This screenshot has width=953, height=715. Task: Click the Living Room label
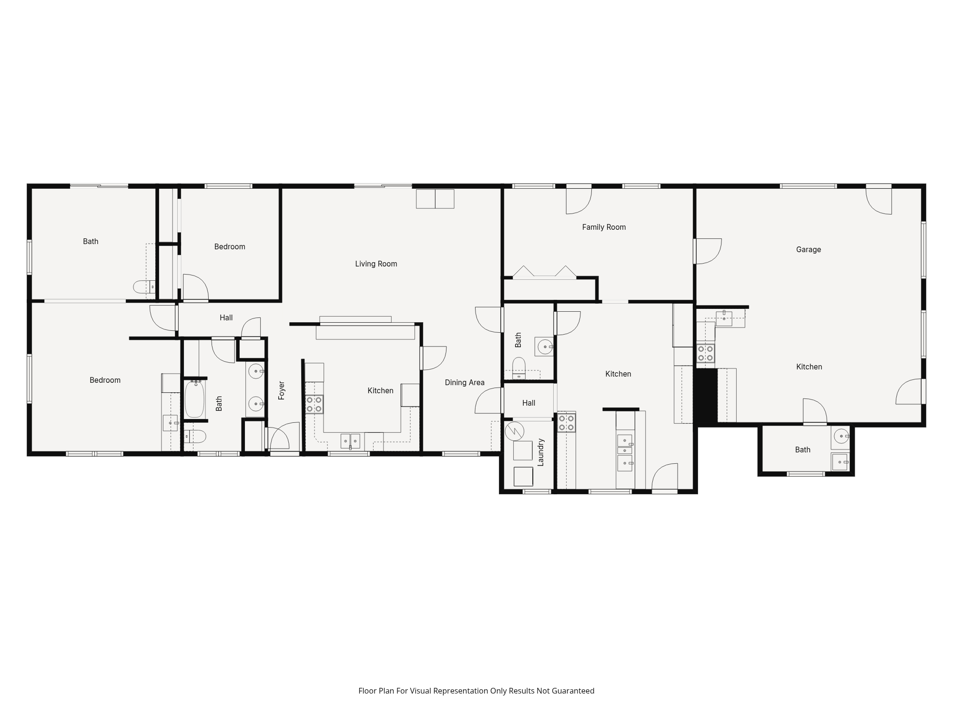coord(376,264)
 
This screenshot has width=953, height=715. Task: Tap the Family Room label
coord(604,227)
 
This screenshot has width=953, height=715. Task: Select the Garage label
coord(808,249)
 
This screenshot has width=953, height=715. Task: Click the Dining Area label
coord(465,382)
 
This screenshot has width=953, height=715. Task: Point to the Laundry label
coord(540,452)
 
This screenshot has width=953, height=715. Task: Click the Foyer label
coord(282,390)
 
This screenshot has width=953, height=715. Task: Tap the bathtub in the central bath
coord(194,399)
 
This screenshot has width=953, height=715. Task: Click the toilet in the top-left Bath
coord(143,287)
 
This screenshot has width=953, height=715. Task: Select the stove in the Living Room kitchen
coord(314,404)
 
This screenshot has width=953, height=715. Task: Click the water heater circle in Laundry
coord(515,431)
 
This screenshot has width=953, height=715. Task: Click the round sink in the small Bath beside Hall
coord(545,347)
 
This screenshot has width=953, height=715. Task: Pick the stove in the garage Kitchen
coord(705,353)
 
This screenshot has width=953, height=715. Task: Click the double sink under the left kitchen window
coord(350,441)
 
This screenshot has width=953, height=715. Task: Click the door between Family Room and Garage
coord(707,251)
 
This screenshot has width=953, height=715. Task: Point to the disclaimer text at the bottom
coord(476,691)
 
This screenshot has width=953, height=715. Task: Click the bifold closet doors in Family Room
coord(545,272)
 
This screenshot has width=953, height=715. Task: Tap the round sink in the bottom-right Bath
coord(841,436)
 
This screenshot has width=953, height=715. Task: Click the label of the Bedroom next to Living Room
coord(230,246)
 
